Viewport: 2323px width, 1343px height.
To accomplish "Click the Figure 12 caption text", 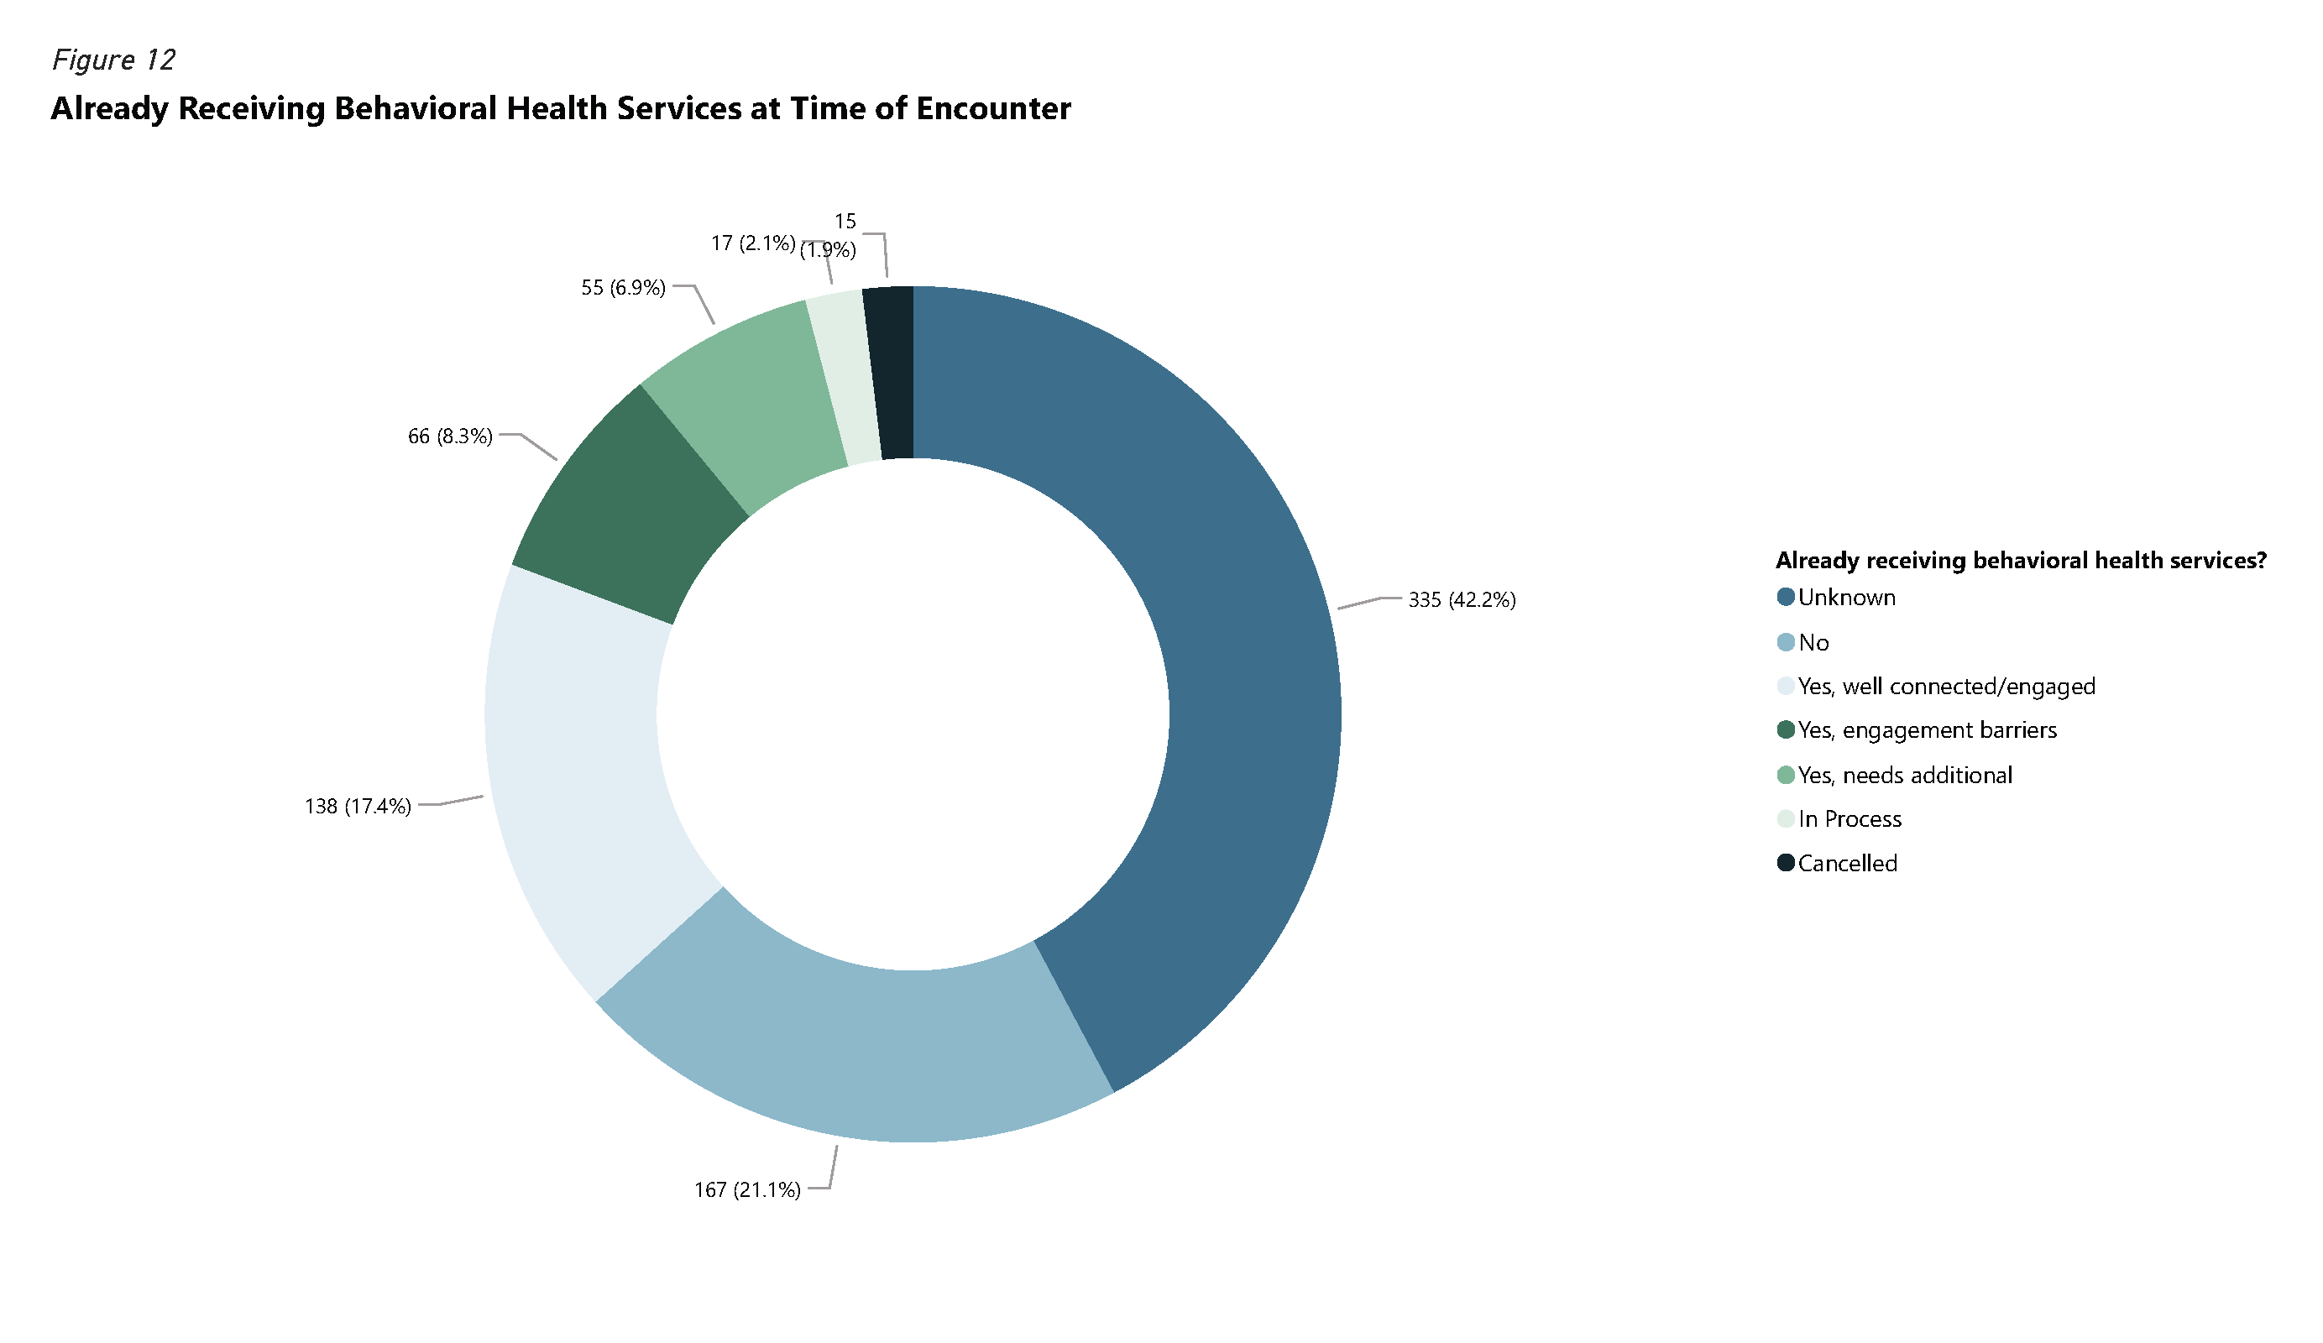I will [112, 60].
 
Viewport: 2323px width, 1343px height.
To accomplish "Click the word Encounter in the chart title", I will [993, 109].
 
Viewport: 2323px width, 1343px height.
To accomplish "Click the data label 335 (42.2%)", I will [1461, 600].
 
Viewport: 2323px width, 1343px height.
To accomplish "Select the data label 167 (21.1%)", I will [746, 1190].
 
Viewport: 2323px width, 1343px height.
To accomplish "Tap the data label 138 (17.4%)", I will [358, 807].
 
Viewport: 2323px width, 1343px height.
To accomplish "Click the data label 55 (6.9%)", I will [622, 288].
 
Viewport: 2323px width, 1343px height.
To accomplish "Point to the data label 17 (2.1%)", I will [752, 243].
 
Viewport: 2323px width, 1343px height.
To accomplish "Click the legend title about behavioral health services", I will [2020, 561].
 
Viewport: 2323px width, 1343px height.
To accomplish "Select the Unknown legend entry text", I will [1845, 598].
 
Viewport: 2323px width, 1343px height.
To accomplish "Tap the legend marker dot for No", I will [1785, 642].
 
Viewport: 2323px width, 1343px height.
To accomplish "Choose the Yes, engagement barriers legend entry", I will [1927, 730].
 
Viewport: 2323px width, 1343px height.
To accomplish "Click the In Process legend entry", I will [1849, 818].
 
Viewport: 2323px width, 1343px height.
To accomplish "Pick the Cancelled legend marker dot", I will [1785, 863].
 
